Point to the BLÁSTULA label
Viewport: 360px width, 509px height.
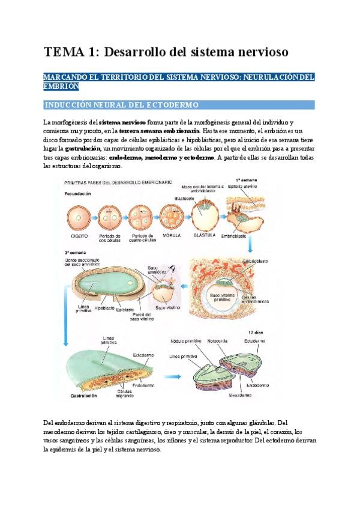click(x=206, y=236)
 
